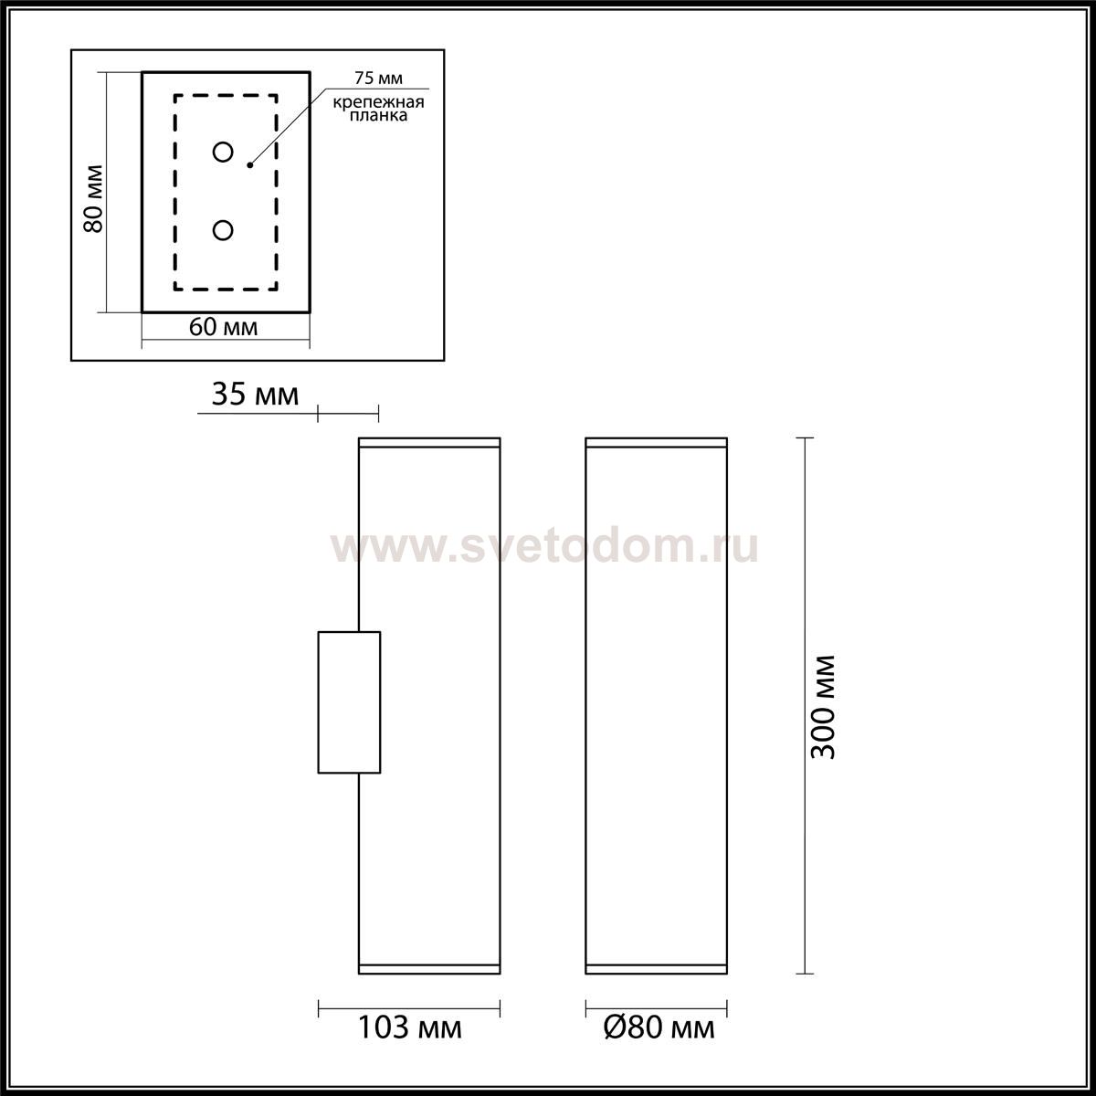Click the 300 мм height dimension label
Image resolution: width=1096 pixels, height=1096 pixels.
(x=823, y=707)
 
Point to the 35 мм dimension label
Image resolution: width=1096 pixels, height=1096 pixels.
(x=256, y=395)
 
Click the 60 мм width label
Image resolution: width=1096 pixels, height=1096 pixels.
(x=224, y=327)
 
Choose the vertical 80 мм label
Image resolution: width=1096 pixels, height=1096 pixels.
(x=93, y=198)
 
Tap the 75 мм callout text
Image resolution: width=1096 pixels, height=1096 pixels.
(x=378, y=78)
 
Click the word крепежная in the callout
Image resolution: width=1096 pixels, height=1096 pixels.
(x=379, y=102)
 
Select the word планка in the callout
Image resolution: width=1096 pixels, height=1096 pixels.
(x=379, y=115)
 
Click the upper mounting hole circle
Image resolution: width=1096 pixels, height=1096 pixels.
(x=223, y=152)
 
